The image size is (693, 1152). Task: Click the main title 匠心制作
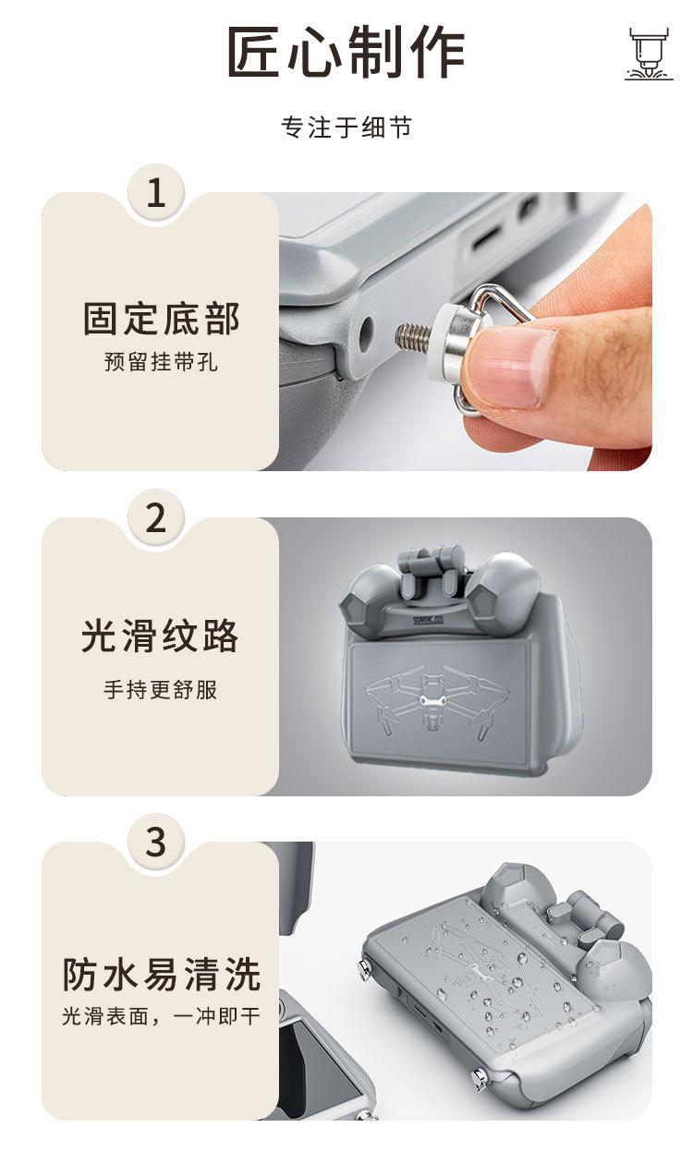(346, 52)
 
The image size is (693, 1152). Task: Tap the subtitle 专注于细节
(346, 127)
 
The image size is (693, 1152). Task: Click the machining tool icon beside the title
(649, 54)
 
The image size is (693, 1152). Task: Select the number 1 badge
(156, 193)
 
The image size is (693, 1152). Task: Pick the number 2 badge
(156, 518)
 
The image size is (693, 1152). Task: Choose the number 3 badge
(156, 843)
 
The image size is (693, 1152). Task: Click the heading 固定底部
(162, 319)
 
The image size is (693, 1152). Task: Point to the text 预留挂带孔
(161, 361)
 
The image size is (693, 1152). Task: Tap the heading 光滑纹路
(160, 637)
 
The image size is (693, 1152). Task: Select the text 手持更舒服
(161, 689)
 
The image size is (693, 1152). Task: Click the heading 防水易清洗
(162, 975)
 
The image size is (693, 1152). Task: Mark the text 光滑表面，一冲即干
(161, 1016)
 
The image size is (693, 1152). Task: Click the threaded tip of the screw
(411, 335)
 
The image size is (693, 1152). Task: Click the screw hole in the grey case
(366, 334)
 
